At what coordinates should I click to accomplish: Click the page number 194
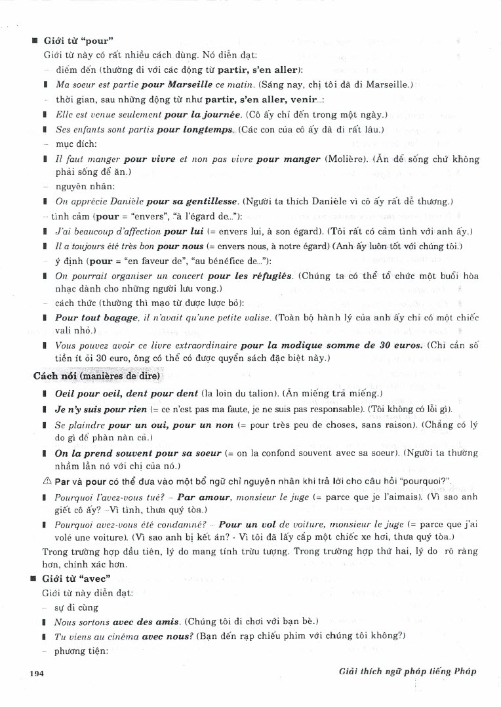coord(36,673)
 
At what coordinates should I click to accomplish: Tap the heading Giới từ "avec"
coord(75,579)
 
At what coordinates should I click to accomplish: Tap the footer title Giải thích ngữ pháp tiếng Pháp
coord(403,672)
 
